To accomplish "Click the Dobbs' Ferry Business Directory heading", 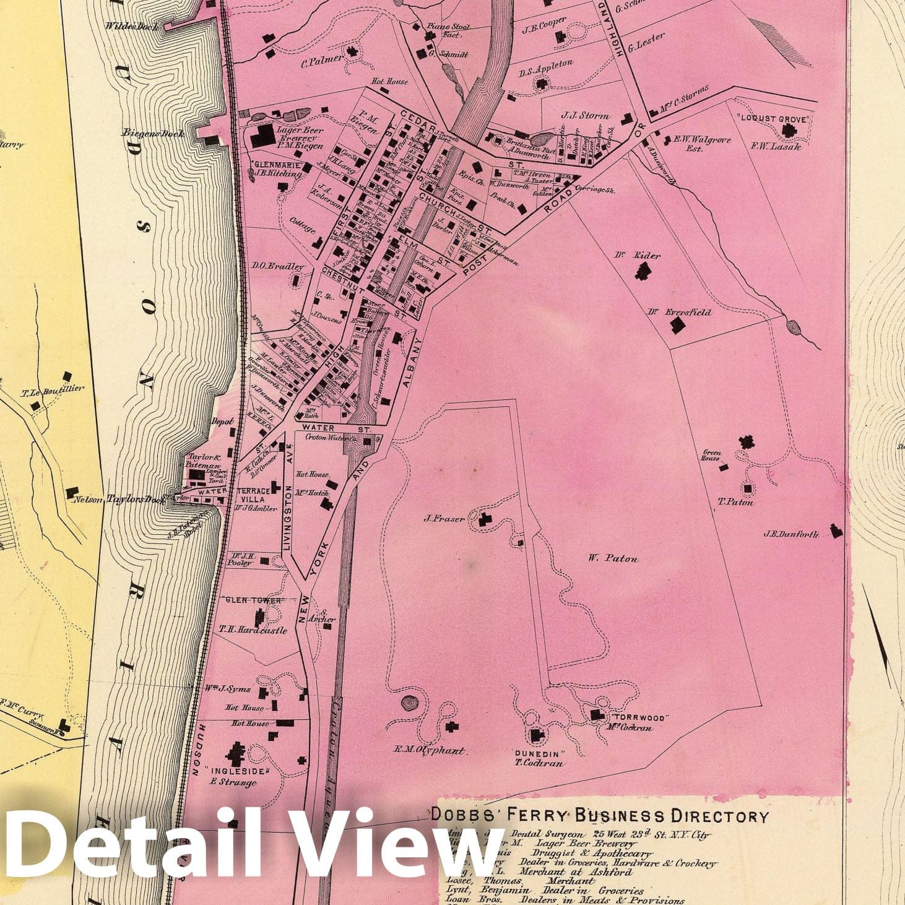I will (599, 815).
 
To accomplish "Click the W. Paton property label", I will (613, 558).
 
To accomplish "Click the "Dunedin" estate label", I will (540, 754).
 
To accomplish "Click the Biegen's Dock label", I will (152, 133).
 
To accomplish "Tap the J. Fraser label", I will (444, 519).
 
